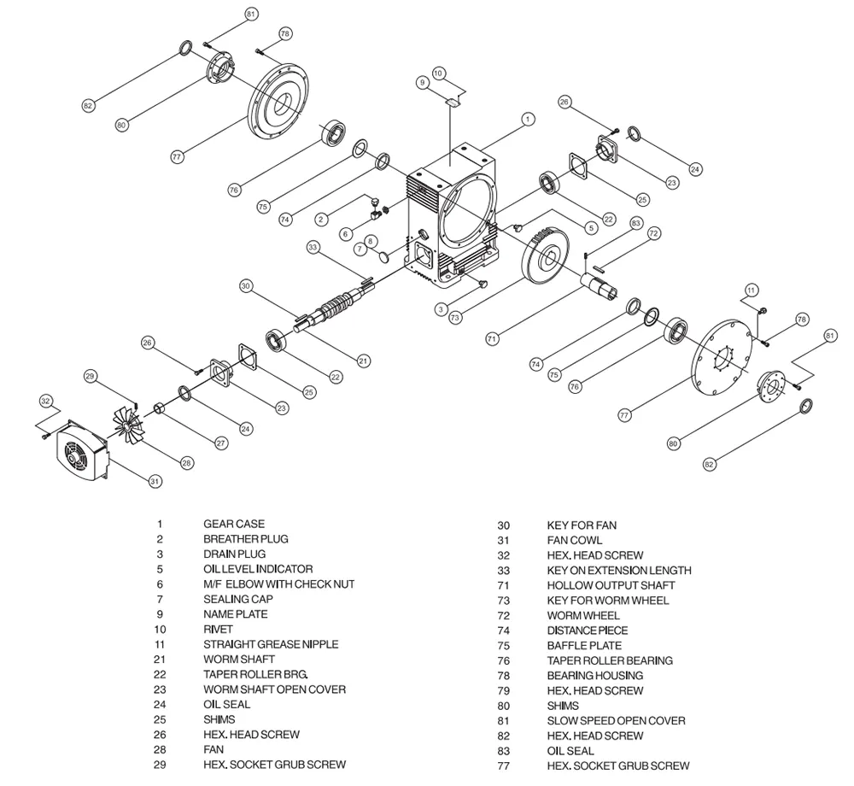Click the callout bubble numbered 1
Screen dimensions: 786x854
click(x=528, y=120)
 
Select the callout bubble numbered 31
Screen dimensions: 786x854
click(x=155, y=482)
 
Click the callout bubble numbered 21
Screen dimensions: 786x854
click(x=364, y=361)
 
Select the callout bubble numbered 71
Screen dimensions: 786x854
click(x=492, y=339)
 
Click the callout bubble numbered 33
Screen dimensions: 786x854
click(x=313, y=248)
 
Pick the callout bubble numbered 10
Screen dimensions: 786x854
click(x=438, y=73)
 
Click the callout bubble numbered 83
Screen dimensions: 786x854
click(x=635, y=223)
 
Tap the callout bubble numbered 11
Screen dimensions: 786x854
click(x=752, y=289)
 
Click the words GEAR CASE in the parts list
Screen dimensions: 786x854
click(x=233, y=524)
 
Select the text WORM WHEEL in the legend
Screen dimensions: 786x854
click(x=583, y=615)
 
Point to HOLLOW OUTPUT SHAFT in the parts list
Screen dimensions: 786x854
click(x=611, y=585)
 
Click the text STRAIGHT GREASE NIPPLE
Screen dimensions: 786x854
click(x=271, y=644)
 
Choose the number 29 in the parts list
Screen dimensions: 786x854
click(x=160, y=765)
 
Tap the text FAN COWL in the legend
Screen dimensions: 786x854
click(x=574, y=540)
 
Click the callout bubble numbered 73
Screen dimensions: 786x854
click(x=455, y=317)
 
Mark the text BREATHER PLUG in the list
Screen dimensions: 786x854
click(x=245, y=539)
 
